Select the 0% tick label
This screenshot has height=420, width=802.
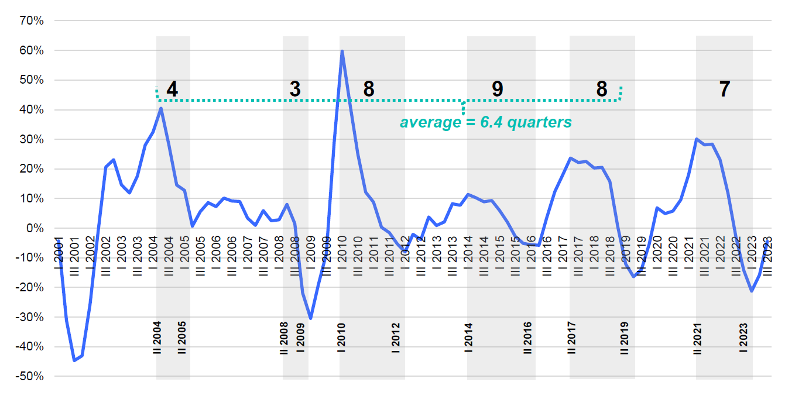click(x=35, y=228)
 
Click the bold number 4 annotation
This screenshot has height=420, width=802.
click(x=172, y=89)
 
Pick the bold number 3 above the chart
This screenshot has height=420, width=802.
click(x=295, y=89)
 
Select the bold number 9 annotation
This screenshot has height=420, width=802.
click(x=497, y=89)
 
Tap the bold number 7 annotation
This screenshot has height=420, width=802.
click(x=725, y=89)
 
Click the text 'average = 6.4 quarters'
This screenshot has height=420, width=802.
click(x=485, y=122)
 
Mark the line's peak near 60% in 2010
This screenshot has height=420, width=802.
click(x=342, y=51)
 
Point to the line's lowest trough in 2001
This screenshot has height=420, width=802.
click(x=74, y=360)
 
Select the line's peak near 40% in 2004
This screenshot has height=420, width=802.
click(x=161, y=108)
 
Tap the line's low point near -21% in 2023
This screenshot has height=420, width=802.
click(x=752, y=291)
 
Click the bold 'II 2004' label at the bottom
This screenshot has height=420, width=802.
click(x=157, y=338)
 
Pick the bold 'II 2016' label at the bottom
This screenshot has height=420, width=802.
click(x=527, y=338)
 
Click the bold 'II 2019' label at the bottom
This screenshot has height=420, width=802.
click(x=625, y=338)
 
